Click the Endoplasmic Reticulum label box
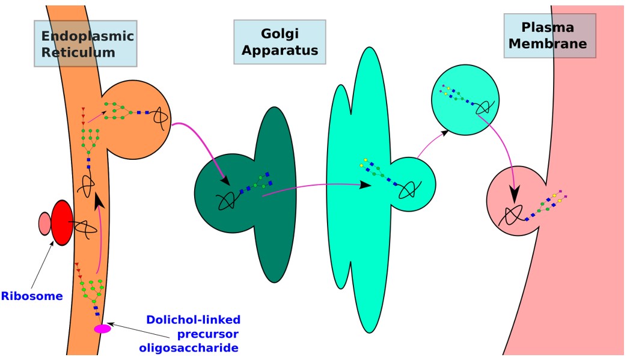85,43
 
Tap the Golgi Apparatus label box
280,42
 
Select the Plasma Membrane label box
549,36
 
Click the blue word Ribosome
32,296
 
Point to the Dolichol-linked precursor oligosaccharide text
192,333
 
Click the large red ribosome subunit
61,223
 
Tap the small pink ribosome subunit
44,224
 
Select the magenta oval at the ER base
102,329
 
